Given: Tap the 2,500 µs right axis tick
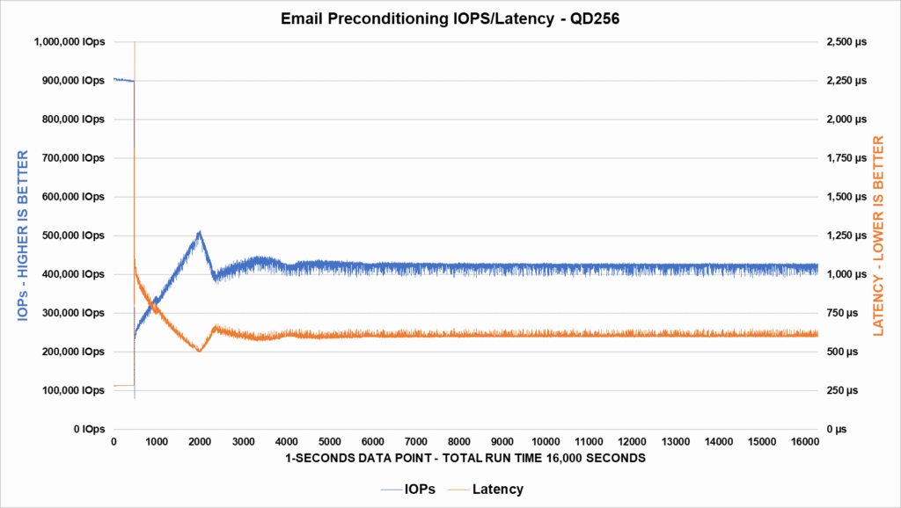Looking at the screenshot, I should pyautogui.click(x=844, y=42).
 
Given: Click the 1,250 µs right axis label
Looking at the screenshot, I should pyautogui.click(x=844, y=236).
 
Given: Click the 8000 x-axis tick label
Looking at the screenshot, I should pyautogui.click(x=459, y=441).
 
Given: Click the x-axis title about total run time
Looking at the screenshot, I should pyautogui.click(x=465, y=458).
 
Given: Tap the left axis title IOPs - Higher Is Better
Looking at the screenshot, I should pyautogui.click(x=24, y=236).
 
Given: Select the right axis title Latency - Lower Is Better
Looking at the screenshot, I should pyautogui.click(x=877, y=236).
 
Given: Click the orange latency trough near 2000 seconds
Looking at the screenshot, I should pyautogui.click(x=200, y=351).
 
